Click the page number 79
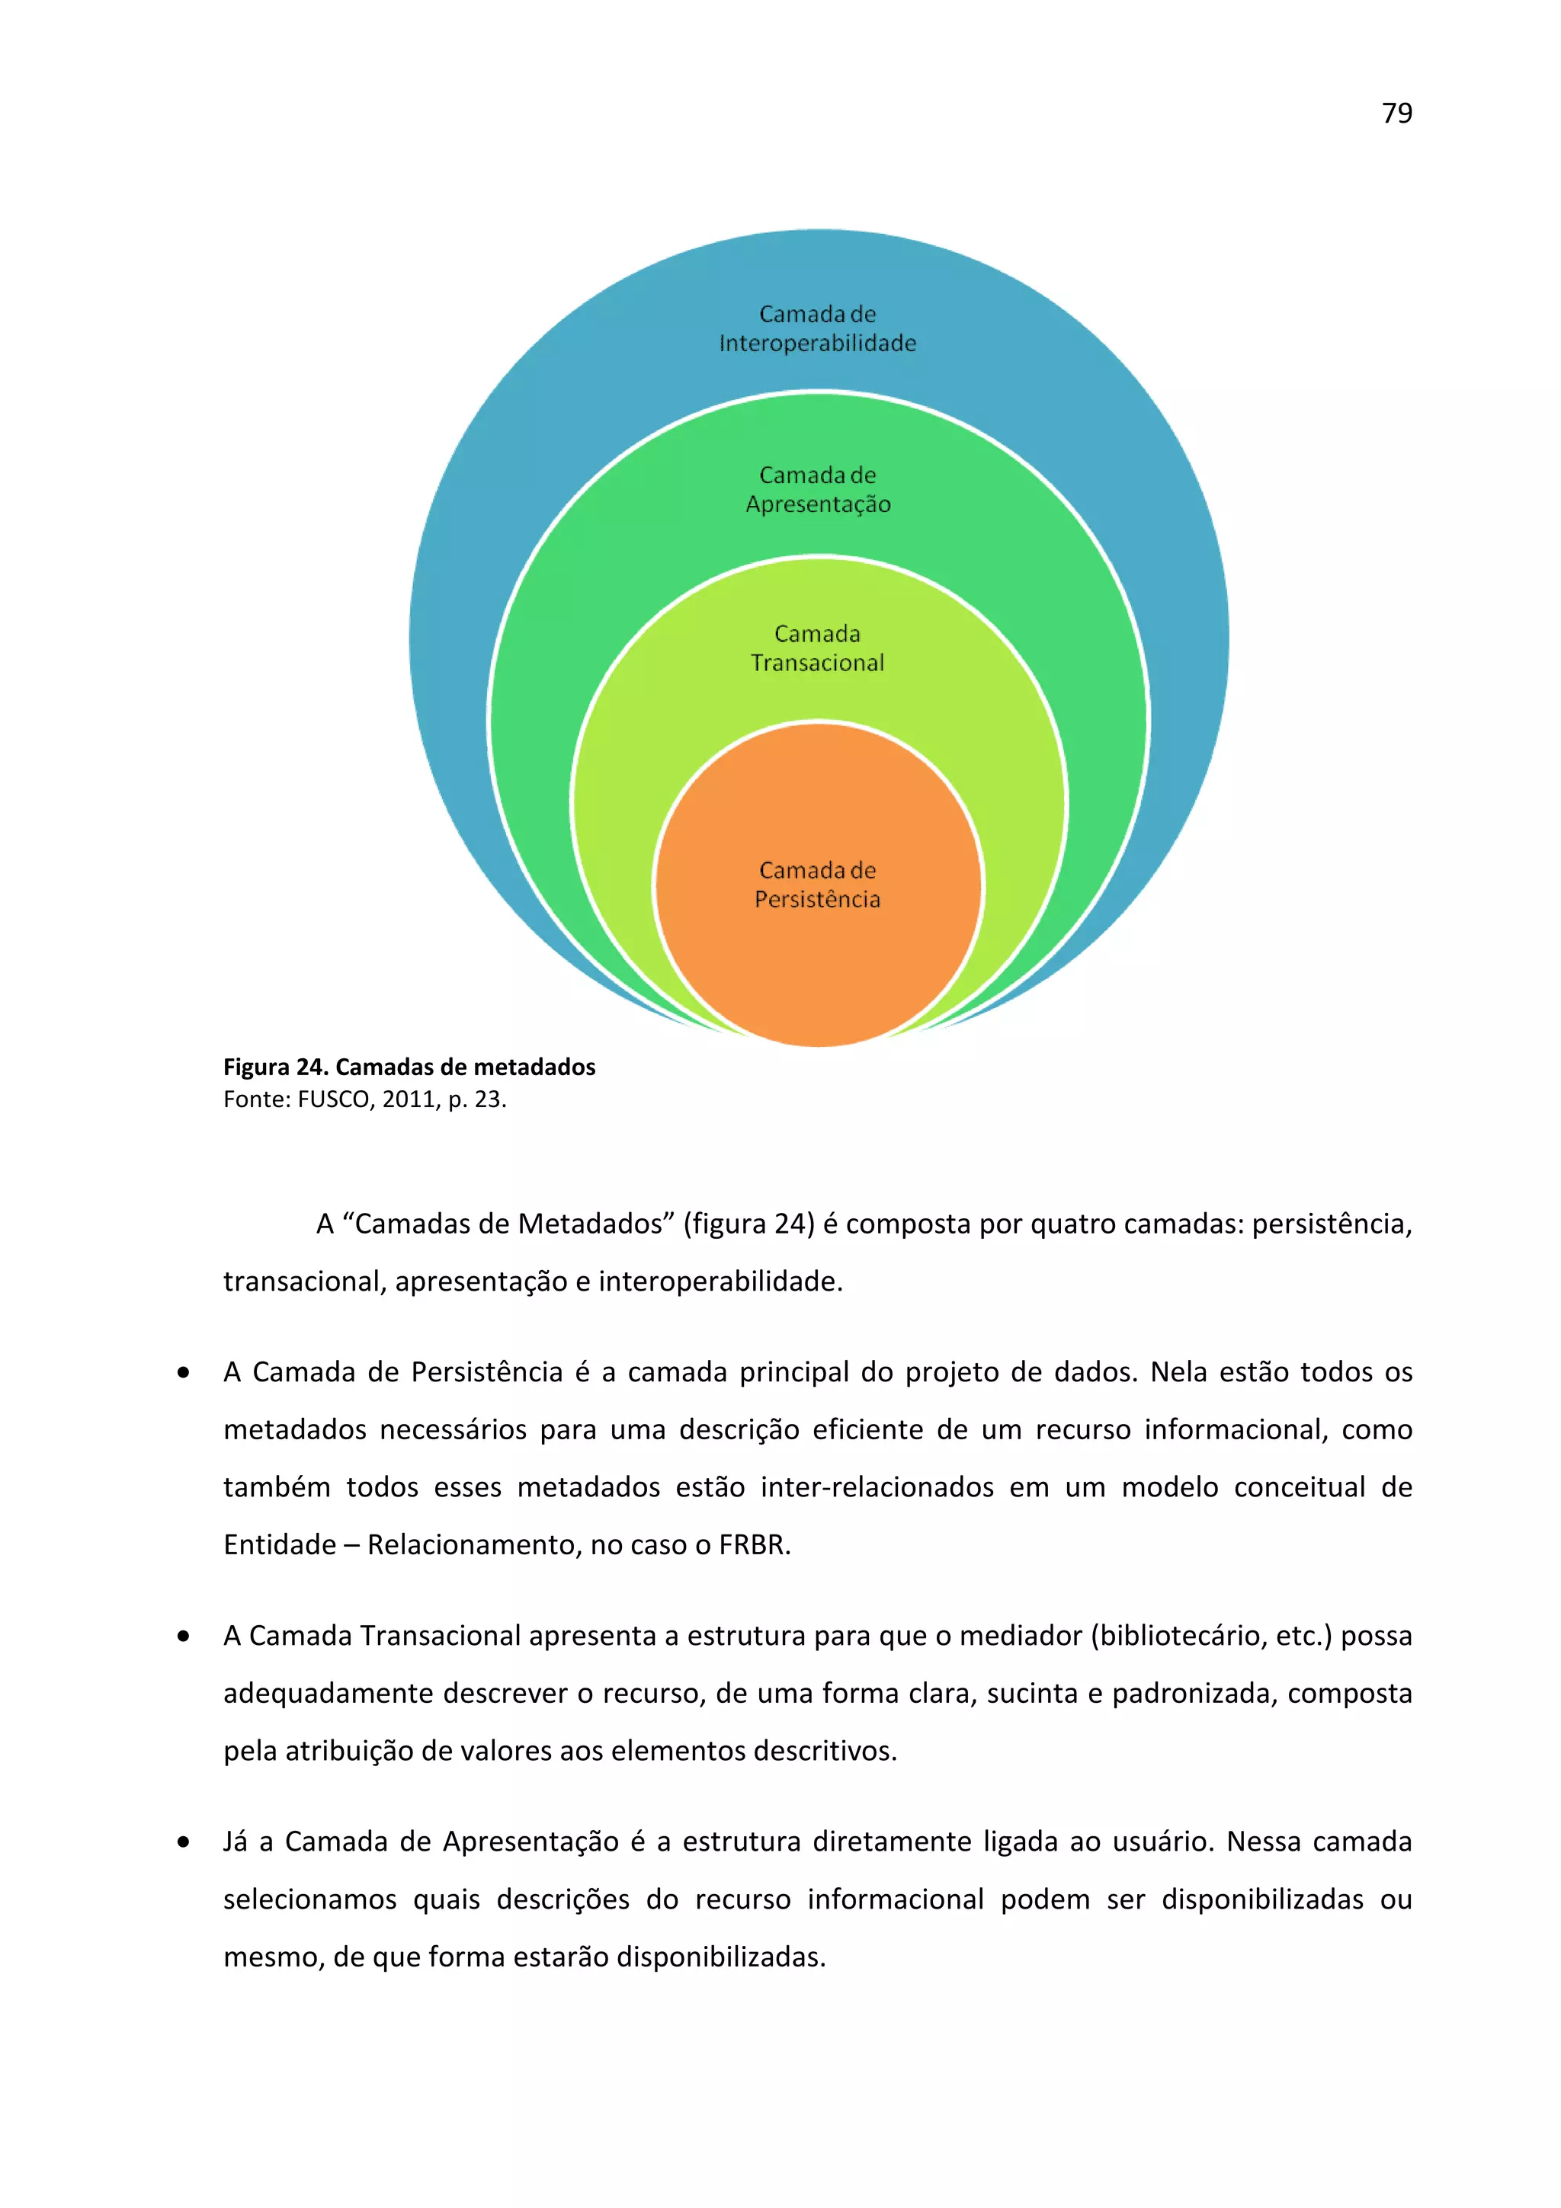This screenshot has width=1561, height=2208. pos(1396,114)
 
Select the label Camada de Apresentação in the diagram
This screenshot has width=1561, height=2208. pos(818,489)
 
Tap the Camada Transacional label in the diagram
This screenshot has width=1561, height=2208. pos(818,648)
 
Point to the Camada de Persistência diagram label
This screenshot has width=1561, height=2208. pos(818,885)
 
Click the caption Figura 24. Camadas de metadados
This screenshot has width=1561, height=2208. pos(409,1067)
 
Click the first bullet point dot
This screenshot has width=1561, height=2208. pos(184,1373)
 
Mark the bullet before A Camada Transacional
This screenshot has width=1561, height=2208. pos(184,1637)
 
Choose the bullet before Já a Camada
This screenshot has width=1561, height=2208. pos(184,1842)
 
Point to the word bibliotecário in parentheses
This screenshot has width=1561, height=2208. pos(1179,1636)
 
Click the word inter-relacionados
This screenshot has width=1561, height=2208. pos(877,1488)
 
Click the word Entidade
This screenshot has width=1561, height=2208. pos(280,1545)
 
